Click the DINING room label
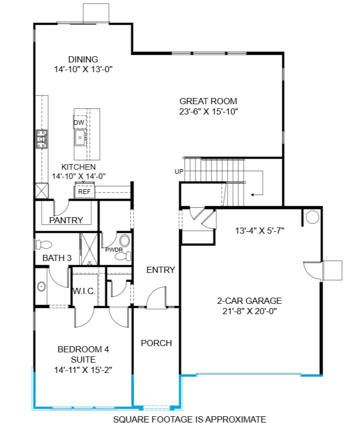pyautogui.click(x=83, y=59)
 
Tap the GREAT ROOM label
pyautogui.click(x=208, y=101)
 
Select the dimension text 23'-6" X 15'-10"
pyautogui.click(x=208, y=111)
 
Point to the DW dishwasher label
pyautogui.click(x=78, y=123)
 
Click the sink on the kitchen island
pyautogui.click(x=80, y=137)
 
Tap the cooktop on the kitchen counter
pyautogui.click(x=41, y=139)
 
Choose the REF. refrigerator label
pyautogui.click(x=84, y=192)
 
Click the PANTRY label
pyautogui.click(x=66, y=220)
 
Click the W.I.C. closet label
pyautogui.click(x=84, y=291)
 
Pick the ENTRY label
pyautogui.click(x=160, y=270)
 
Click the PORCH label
pyautogui.click(x=156, y=343)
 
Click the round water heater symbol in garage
pyautogui.click(x=312, y=217)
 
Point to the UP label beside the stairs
pyautogui.click(x=179, y=172)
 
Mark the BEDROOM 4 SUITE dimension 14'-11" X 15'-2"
pyautogui.click(x=83, y=369)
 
